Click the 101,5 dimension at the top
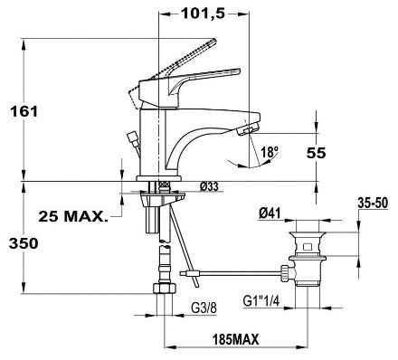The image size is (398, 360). tap(204, 14)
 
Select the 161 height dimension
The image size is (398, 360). tap(24, 112)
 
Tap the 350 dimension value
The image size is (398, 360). tap(24, 243)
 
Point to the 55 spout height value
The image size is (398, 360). tap(317, 153)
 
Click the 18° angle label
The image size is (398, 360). tap(270, 152)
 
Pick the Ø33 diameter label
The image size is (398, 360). tap(209, 186)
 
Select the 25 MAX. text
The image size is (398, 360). tap(73, 216)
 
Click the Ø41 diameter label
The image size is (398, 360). tap(270, 213)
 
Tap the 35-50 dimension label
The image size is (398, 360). tap(373, 204)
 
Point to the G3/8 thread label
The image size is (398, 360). tap(204, 308)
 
